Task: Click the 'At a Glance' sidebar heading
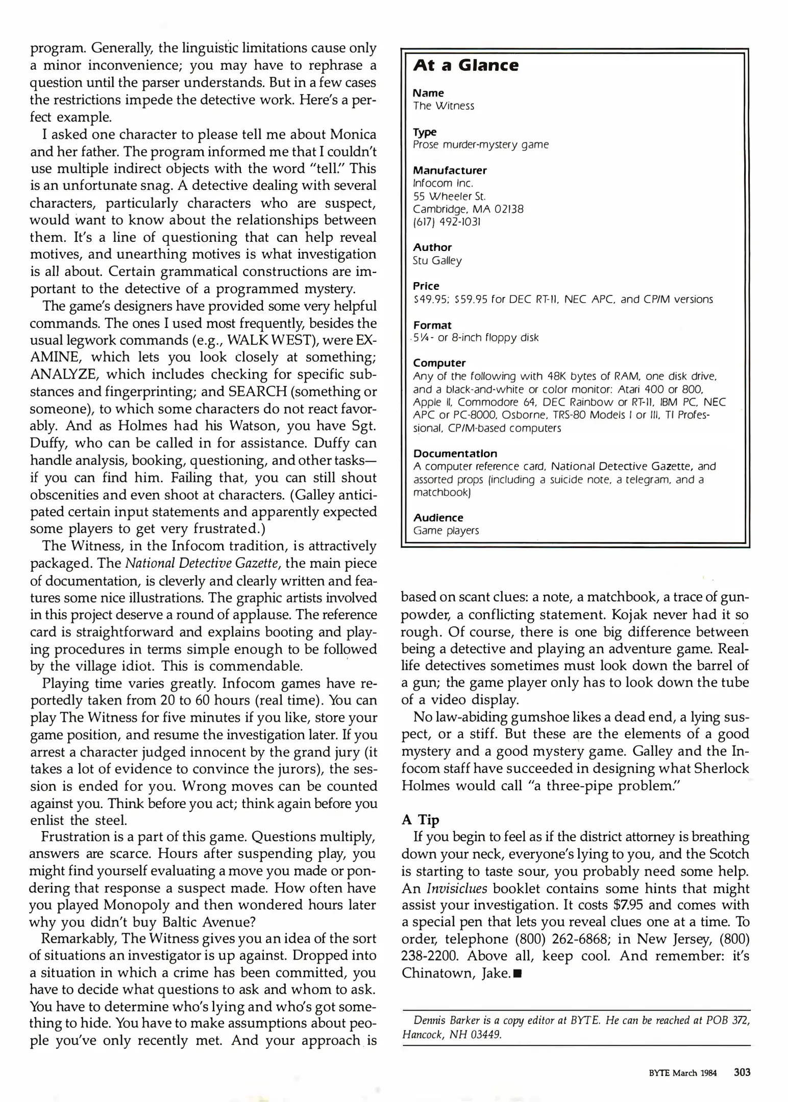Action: click(x=465, y=65)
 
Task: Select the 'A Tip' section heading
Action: click(x=420, y=819)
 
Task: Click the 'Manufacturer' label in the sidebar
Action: click(x=450, y=170)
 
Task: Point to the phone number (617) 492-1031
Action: click(x=447, y=222)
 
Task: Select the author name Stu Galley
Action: click(x=437, y=261)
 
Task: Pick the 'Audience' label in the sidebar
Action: click(x=438, y=518)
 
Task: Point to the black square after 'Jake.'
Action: click(x=518, y=974)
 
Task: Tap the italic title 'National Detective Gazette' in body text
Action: click(x=202, y=564)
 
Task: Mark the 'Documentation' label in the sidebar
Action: click(x=455, y=454)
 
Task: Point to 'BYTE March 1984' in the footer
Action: click(x=682, y=1073)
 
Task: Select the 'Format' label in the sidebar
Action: click(x=432, y=325)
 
